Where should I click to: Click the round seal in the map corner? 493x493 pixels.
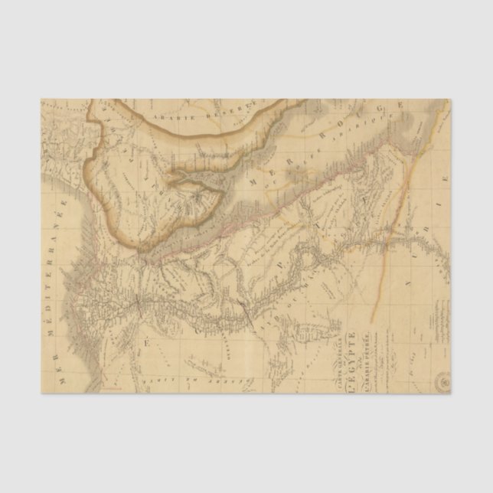(x=442, y=380)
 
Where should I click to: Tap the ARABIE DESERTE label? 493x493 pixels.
(x=205, y=115)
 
